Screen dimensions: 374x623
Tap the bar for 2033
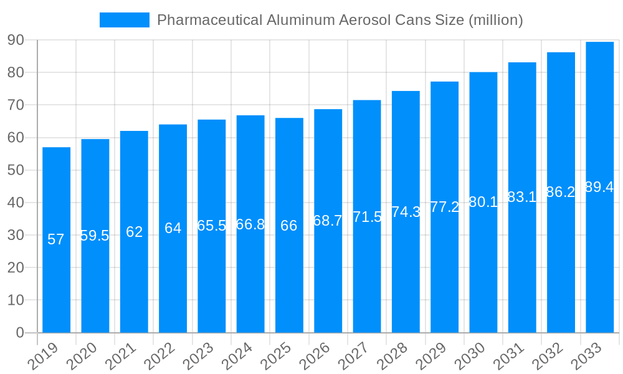click(599, 249)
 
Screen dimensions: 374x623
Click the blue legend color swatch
click(124, 20)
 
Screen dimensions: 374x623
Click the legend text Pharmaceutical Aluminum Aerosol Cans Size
click(340, 20)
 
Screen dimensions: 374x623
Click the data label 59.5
click(95, 236)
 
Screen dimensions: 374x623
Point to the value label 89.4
click(599, 187)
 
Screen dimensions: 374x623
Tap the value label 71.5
click(367, 217)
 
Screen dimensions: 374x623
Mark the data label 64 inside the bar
click(173, 228)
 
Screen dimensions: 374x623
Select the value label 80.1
click(483, 202)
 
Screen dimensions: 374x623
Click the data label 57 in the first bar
click(56, 239)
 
